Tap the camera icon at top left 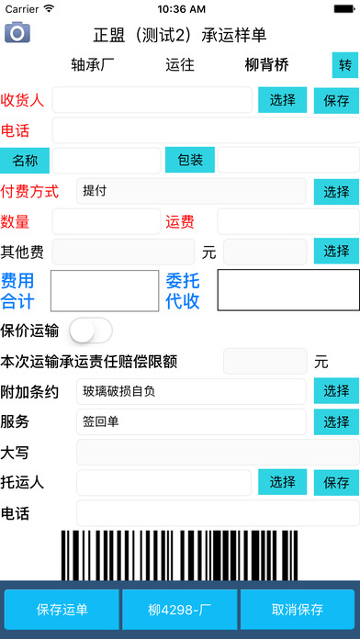click(x=17, y=32)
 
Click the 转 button click(x=345, y=65)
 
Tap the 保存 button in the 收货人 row click(x=336, y=100)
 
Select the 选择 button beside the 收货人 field click(x=283, y=100)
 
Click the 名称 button click(x=25, y=160)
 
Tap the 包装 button click(x=190, y=160)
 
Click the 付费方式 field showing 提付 click(x=191, y=191)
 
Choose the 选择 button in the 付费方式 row click(x=336, y=191)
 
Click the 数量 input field click(x=107, y=221)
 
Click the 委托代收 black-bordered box click(x=288, y=290)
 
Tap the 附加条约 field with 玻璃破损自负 click(x=191, y=391)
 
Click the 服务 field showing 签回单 click(x=191, y=422)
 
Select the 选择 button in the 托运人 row click(x=283, y=482)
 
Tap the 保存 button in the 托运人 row click(x=336, y=482)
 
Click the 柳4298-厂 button click(x=179, y=610)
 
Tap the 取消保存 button click(x=297, y=610)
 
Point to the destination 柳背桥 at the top click(x=266, y=65)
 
